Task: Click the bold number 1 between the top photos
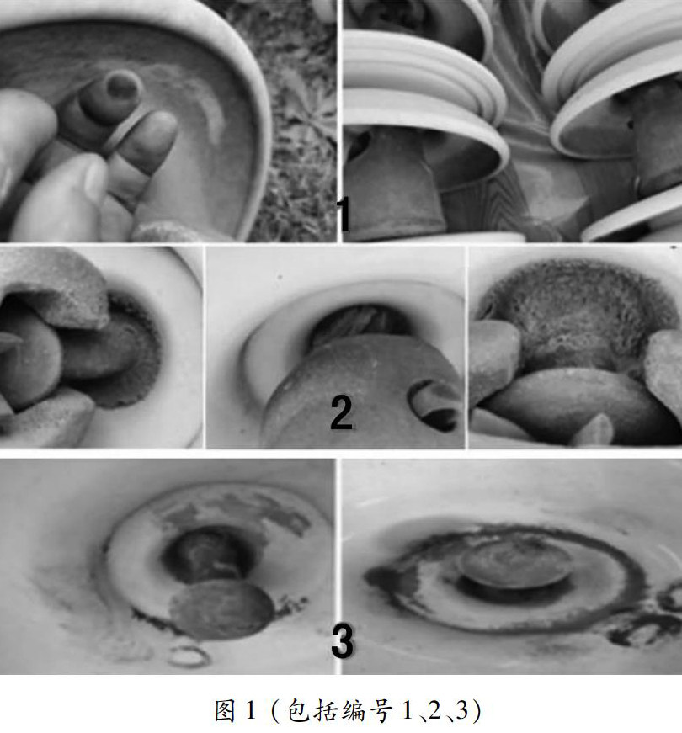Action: tap(344, 214)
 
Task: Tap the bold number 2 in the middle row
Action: tap(342, 412)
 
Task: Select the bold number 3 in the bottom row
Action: tap(343, 640)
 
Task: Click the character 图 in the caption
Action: tap(225, 710)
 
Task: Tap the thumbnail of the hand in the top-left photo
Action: tap(95, 178)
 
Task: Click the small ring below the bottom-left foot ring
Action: tap(189, 656)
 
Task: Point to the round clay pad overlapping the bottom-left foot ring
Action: tap(222, 608)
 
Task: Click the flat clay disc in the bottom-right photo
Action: tap(514, 563)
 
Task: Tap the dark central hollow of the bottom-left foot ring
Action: tap(208, 554)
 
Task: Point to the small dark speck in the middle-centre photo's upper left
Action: tap(280, 277)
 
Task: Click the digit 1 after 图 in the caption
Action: tap(250, 710)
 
